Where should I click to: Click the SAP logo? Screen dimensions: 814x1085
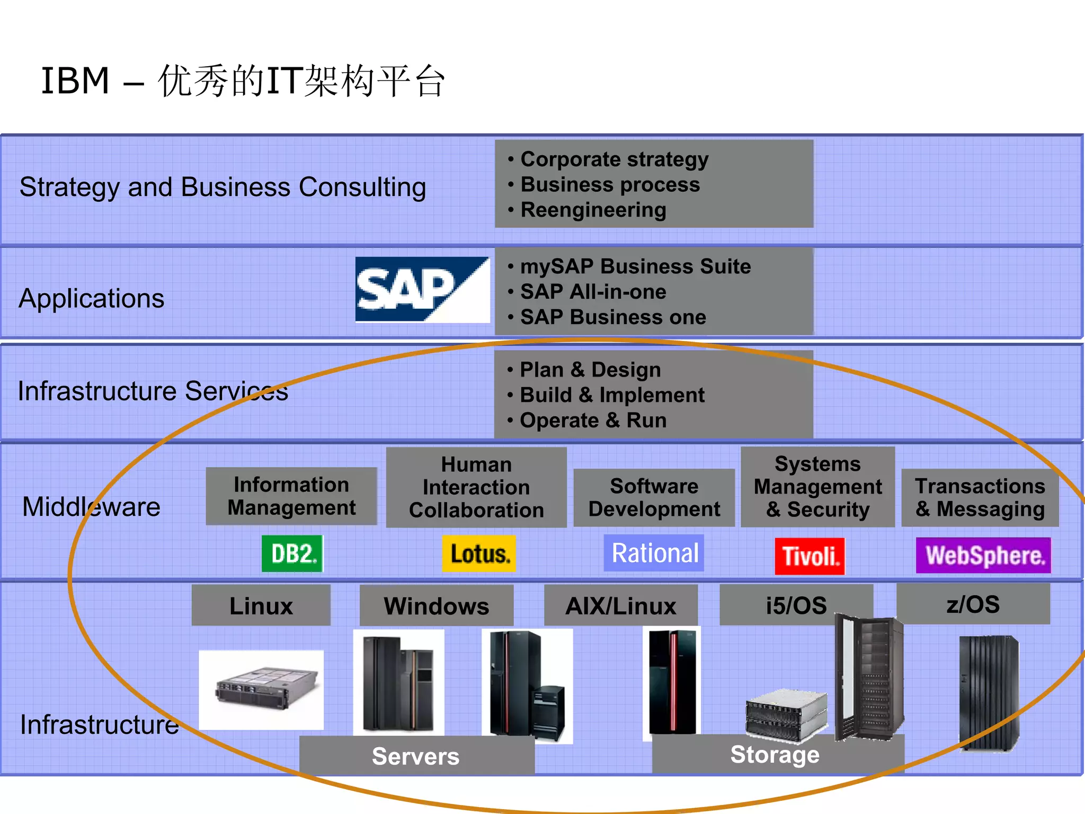[x=422, y=289]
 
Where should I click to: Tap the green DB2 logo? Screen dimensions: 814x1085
[x=292, y=553]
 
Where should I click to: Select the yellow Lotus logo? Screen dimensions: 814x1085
[x=479, y=554]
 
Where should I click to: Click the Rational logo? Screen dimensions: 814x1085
[x=654, y=553]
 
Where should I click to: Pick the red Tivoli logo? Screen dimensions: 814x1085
[x=810, y=556]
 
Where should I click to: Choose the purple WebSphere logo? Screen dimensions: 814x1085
[x=983, y=556]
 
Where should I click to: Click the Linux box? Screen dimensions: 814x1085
[x=261, y=605]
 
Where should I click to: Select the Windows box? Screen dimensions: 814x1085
[x=436, y=605]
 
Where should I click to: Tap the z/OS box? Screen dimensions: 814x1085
[x=973, y=604]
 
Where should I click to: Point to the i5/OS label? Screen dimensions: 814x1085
[x=796, y=605]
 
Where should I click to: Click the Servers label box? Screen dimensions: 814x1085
[x=416, y=756]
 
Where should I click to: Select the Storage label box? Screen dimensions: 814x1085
[x=775, y=754]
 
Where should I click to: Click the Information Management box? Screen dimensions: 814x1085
[x=291, y=496]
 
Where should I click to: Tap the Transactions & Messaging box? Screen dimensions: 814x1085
[x=980, y=497]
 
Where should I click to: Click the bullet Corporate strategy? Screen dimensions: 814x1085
[x=614, y=159]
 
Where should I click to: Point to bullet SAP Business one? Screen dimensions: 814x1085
[x=613, y=317]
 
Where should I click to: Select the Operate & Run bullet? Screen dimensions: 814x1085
[x=593, y=420]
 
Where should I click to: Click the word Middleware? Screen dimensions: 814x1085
[x=91, y=507]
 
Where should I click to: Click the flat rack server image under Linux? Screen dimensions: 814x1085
[x=261, y=690]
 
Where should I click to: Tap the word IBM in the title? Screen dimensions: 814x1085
[x=75, y=81]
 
